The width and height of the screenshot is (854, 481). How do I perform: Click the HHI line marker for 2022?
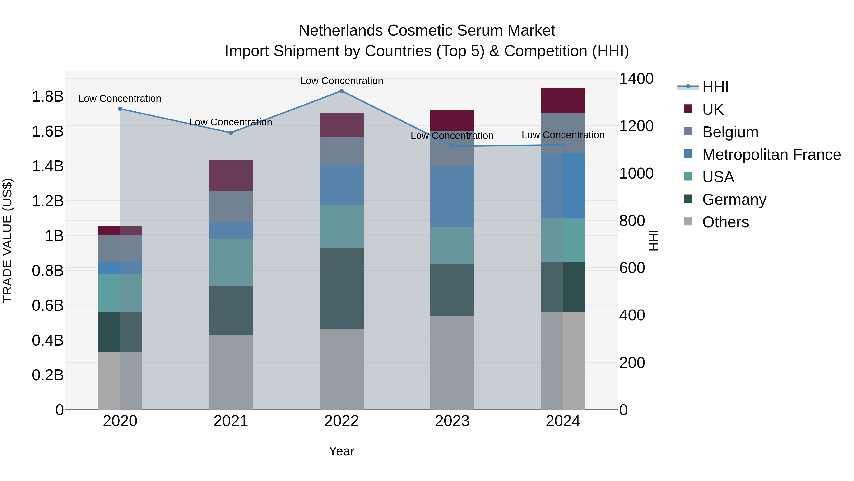tap(341, 91)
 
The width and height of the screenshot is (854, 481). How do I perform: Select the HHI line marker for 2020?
tap(120, 109)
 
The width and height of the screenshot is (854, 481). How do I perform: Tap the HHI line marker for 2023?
tap(452, 146)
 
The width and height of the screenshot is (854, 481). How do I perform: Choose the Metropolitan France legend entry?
tap(771, 155)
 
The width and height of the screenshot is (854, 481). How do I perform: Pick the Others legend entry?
tap(725, 222)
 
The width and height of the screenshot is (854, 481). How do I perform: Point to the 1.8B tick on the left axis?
tap(48, 97)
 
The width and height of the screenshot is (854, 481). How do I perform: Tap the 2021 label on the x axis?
tap(231, 421)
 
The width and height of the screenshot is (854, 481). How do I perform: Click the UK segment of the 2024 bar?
tap(563, 100)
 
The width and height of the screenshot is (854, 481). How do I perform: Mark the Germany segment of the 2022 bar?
tap(341, 288)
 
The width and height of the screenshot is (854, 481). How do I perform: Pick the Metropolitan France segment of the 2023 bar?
tap(452, 196)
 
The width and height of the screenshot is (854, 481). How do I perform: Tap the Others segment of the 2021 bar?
tap(231, 372)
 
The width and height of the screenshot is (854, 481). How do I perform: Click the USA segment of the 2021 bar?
tap(231, 262)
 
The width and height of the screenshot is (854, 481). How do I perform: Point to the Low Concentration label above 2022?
tap(341, 81)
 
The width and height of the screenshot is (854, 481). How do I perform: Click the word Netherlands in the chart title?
tap(341, 31)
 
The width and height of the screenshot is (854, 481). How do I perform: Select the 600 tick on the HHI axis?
tap(632, 268)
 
